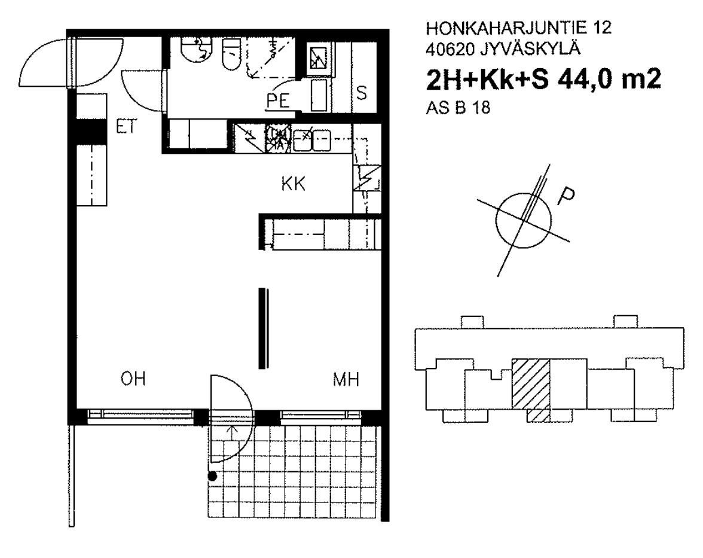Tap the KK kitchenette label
tap(294, 184)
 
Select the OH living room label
tap(133, 379)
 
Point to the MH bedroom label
tap(346, 380)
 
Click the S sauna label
tap(361, 93)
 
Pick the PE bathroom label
tap(278, 100)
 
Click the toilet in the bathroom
tap(231, 54)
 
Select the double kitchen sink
tap(311, 139)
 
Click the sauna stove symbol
tap(320, 57)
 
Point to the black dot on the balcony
tap(213, 476)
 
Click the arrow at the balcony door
tap(231, 434)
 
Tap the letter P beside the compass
tap(566, 196)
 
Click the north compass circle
tap(524, 220)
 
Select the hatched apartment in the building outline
tap(531, 389)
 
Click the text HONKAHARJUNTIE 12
tap(518, 28)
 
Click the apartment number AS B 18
tap(458, 108)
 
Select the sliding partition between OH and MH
tap(264, 328)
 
